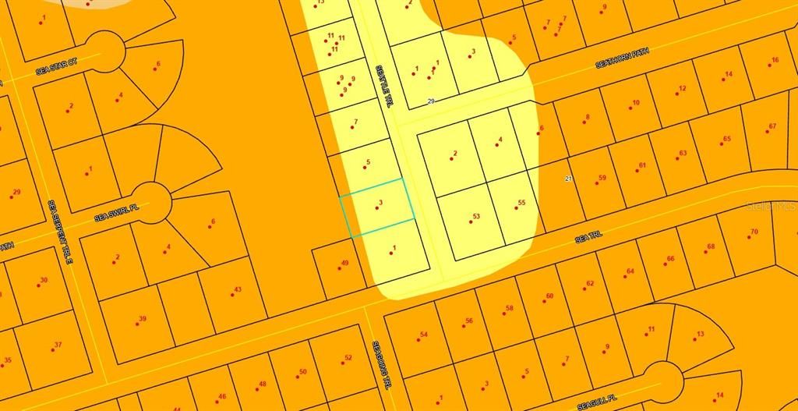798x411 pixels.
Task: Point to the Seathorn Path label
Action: [622, 59]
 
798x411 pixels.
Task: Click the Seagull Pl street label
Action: [598, 401]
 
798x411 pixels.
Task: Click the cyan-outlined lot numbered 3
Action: [376, 207]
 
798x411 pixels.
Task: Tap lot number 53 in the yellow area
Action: [473, 218]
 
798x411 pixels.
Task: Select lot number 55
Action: [519, 204]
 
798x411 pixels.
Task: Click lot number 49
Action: [341, 265]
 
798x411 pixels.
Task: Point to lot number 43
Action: [235, 291]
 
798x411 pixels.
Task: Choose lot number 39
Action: [140, 320]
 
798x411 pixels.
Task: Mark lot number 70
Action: [751, 233]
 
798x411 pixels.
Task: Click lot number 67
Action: [770, 128]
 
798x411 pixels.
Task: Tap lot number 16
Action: [772, 62]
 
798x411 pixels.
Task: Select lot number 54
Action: [422, 337]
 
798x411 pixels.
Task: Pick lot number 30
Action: [41, 282]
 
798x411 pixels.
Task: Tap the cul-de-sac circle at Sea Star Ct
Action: [104, 51]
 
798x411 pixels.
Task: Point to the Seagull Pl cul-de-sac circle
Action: [664, 380]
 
